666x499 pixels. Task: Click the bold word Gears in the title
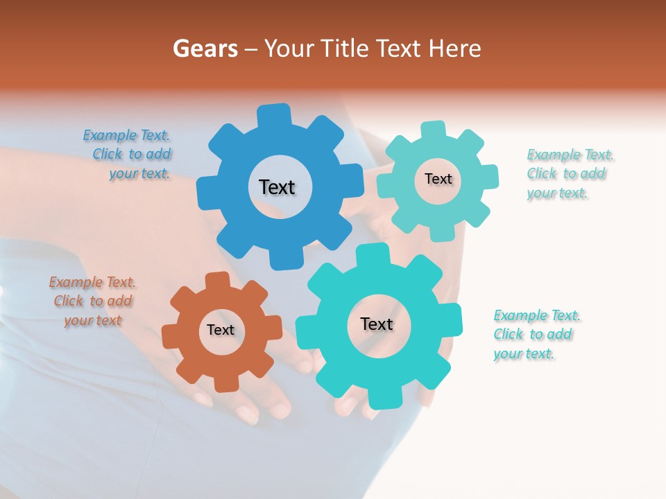205,49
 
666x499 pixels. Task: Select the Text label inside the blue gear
277,187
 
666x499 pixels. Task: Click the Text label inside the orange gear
221,330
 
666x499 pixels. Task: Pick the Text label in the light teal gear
438,179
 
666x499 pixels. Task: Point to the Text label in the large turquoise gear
377,324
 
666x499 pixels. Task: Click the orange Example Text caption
93,301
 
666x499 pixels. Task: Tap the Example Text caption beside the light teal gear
569,173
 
